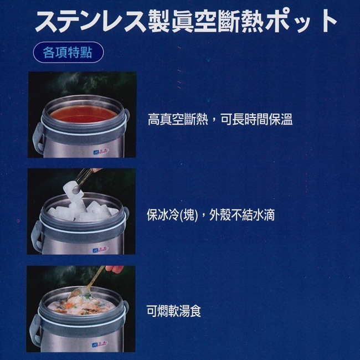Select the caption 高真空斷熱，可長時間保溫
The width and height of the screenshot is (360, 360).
pos(220,119)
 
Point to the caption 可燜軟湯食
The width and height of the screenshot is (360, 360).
pos(173,311)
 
